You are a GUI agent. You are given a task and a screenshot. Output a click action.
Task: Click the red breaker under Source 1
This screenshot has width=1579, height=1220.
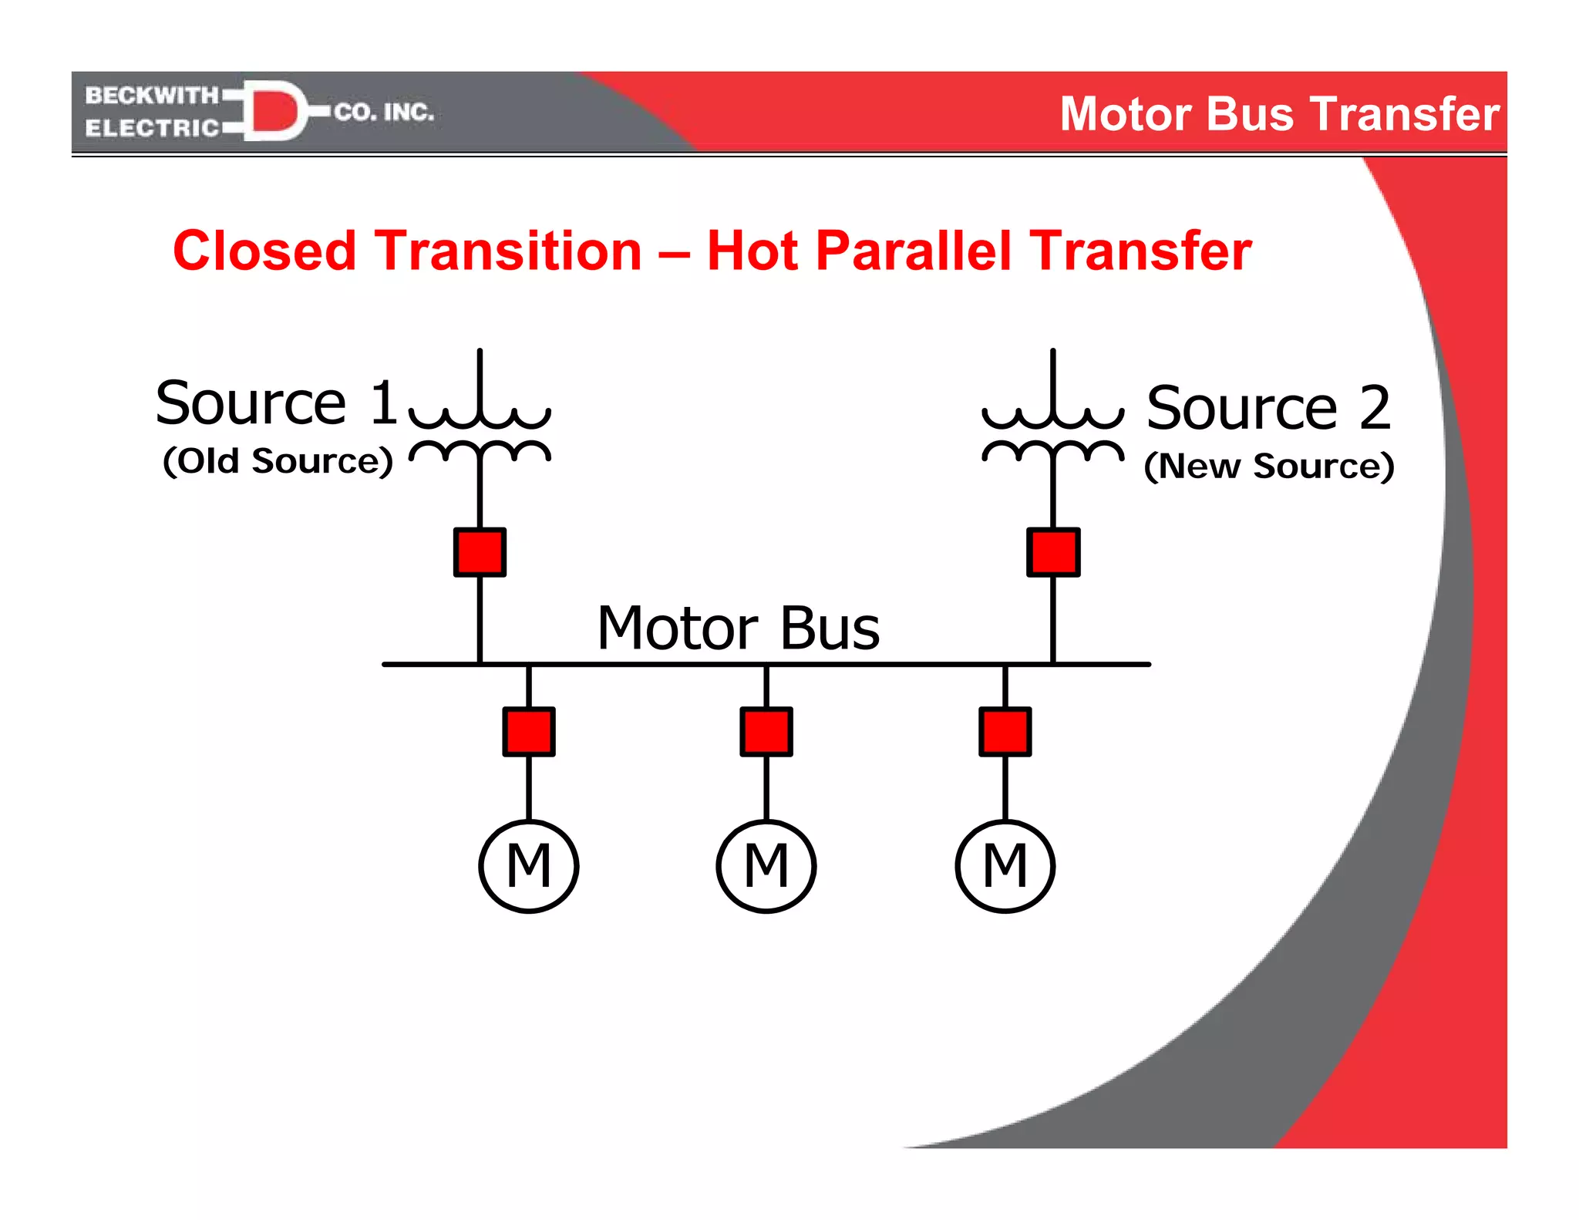[480, 552]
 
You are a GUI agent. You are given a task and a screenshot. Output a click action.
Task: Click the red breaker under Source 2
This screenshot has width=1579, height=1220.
[1053, 552]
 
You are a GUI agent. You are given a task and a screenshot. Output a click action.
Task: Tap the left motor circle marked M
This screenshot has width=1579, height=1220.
[529, 866]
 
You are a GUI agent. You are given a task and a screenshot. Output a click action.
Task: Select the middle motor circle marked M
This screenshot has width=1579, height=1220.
[766, 866]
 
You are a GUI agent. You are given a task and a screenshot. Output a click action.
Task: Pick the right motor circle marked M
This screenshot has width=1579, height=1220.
[1005, 866]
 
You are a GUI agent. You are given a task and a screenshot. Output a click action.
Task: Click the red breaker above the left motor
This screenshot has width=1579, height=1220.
[529, 731]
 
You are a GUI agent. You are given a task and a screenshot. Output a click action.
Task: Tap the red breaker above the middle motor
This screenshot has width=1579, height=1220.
[766, 731]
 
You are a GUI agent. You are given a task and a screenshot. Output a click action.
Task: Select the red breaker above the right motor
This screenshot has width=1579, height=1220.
[1005, 731]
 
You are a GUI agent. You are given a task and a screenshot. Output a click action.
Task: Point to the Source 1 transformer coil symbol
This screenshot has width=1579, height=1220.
[480, 432]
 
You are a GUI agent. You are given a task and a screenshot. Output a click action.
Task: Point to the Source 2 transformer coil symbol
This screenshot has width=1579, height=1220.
[1053, 432]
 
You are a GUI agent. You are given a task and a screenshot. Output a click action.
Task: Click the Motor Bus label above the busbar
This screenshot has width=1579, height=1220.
[739, 628]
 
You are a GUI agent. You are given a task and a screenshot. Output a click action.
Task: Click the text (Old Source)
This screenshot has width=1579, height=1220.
[278, 461]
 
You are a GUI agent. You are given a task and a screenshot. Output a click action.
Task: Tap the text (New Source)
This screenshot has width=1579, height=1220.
[1269, 466]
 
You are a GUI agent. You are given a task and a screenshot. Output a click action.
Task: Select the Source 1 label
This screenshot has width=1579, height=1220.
[276, 403]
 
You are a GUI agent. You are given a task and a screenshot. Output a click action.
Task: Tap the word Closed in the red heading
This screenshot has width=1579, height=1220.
[265, 251]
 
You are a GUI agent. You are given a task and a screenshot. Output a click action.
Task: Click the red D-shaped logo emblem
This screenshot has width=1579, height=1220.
[274, 111]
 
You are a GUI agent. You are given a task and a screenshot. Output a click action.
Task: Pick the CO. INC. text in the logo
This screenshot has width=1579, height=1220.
[384, 113]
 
